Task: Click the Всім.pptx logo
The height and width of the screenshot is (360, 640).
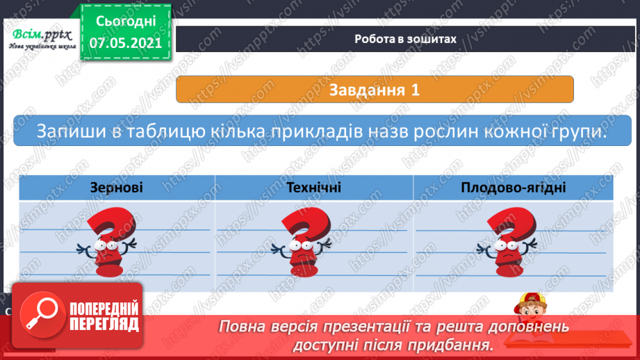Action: [x=39, y=38]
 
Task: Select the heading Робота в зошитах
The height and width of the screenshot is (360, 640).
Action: [x=404, y=39]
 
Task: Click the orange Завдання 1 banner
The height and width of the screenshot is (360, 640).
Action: [x=375, y=90]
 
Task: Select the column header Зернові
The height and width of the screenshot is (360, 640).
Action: [x=117, y=188]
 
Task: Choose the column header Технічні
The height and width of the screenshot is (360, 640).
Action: [x=314, y=188]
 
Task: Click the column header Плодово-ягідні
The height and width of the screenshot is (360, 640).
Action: [x=513, y=188]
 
